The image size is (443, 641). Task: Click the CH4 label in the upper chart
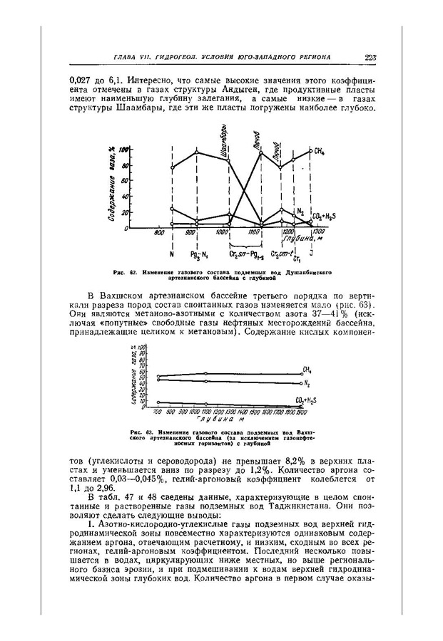coord(319,152)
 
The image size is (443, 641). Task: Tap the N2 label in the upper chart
coord(300,212)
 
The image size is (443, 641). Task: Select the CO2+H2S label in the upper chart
coord(322,214)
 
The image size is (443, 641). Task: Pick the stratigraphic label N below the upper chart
coord(172,254)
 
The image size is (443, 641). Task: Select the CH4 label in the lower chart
coord(307,370)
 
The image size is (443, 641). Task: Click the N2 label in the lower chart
coord(306,383)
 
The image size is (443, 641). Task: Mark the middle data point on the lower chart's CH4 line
coord(206,373)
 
